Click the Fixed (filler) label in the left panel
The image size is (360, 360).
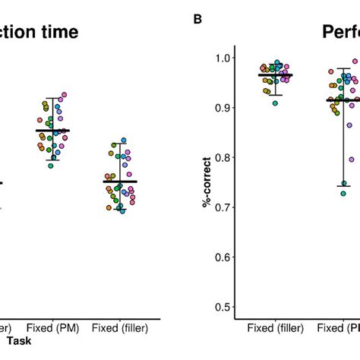click(x=121, y=328)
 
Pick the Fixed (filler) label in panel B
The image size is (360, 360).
click(x=275, y=328)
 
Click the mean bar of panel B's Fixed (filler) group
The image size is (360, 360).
click(x=275, y=75)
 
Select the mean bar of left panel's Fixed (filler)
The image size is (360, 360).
click(x=120, y=182)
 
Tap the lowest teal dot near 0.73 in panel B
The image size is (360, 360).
click(x=322, y=194)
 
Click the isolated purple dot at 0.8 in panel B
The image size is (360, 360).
click(x=330, y=159)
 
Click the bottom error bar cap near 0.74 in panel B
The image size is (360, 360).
click(x=324, y=185)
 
